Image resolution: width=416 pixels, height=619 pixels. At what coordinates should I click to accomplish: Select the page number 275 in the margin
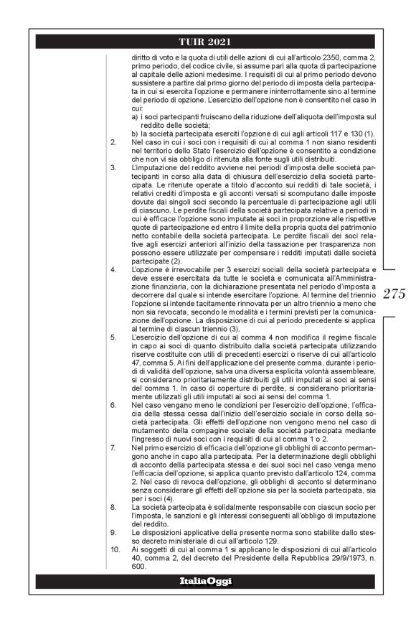click(x=394, y=294)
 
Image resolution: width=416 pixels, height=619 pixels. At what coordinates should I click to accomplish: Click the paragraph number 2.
click(x=113, y=143)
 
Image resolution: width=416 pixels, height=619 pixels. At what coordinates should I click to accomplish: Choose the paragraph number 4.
click(x=113, y=269)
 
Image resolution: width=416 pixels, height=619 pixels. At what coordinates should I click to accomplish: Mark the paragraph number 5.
click(x=113, y=335)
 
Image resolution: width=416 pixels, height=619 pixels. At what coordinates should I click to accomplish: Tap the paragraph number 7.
click(x=113, y=447)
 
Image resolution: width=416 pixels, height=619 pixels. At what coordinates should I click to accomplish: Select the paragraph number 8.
click(x=113, y=507)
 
